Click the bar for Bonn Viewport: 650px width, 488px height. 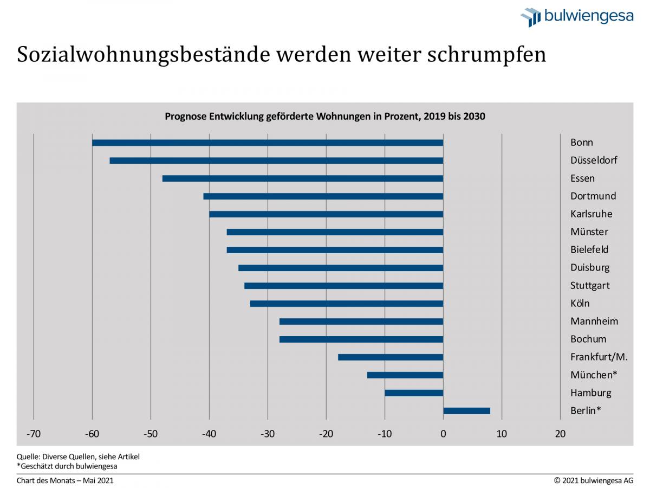[268, 143]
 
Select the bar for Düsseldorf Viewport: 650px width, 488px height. [276, 160]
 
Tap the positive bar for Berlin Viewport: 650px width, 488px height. [466, 411]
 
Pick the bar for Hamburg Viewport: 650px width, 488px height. [414, 393]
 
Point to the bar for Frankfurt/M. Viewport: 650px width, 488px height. [391, 357]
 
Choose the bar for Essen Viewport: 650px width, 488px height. [303, 178]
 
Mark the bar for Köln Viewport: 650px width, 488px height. [347, 304]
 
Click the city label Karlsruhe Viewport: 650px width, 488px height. [591, 214]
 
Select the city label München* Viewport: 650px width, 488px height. [594, 375]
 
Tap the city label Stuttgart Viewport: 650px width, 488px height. [590, 285]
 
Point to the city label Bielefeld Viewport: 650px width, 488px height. [589, 249]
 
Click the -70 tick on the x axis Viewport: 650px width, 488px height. [34, 434]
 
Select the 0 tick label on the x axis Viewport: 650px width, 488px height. [443, 434]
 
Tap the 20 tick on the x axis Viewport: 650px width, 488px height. [560, 434]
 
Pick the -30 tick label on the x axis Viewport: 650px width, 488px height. [268, 434]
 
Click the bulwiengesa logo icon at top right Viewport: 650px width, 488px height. [530, 17]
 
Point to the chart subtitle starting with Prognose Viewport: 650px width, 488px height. [324, 117]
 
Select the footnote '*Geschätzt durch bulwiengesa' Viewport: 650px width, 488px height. [67, 466]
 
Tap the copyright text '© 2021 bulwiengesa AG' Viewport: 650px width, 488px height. [593, 480]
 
